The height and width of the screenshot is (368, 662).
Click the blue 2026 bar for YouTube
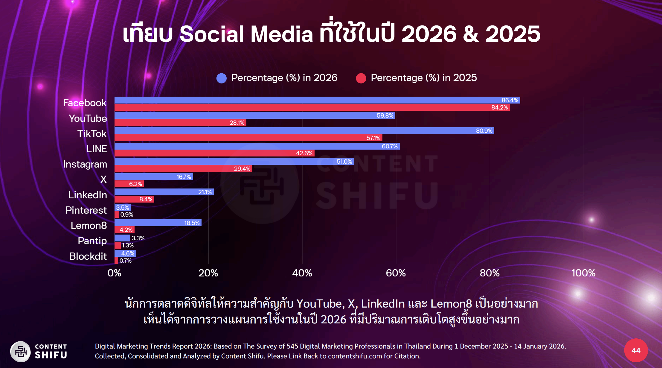(254, 115)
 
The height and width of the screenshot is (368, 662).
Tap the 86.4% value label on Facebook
(510, 100)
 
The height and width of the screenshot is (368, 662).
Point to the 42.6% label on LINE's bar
(304, 153)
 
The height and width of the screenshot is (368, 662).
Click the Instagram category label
(85, 164)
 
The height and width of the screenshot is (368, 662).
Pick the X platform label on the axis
(103, 180)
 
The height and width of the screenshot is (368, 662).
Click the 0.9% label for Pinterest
(126, 215)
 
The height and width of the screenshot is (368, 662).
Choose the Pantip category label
(92, 241)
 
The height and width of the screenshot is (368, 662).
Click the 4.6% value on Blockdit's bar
(127, 253)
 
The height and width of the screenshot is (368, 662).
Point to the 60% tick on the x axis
(396, 273)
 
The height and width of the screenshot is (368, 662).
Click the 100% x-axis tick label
(583, 273)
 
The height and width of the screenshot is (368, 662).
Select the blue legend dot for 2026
(222, 78)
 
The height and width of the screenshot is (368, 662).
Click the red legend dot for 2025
(361, 78)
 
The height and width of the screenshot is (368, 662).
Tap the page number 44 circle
(636, 350)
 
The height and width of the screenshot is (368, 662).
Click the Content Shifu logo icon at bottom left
(21, 352)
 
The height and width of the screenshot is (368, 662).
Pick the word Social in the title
(212, 34)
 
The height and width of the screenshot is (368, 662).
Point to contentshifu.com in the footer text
(355, 356)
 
